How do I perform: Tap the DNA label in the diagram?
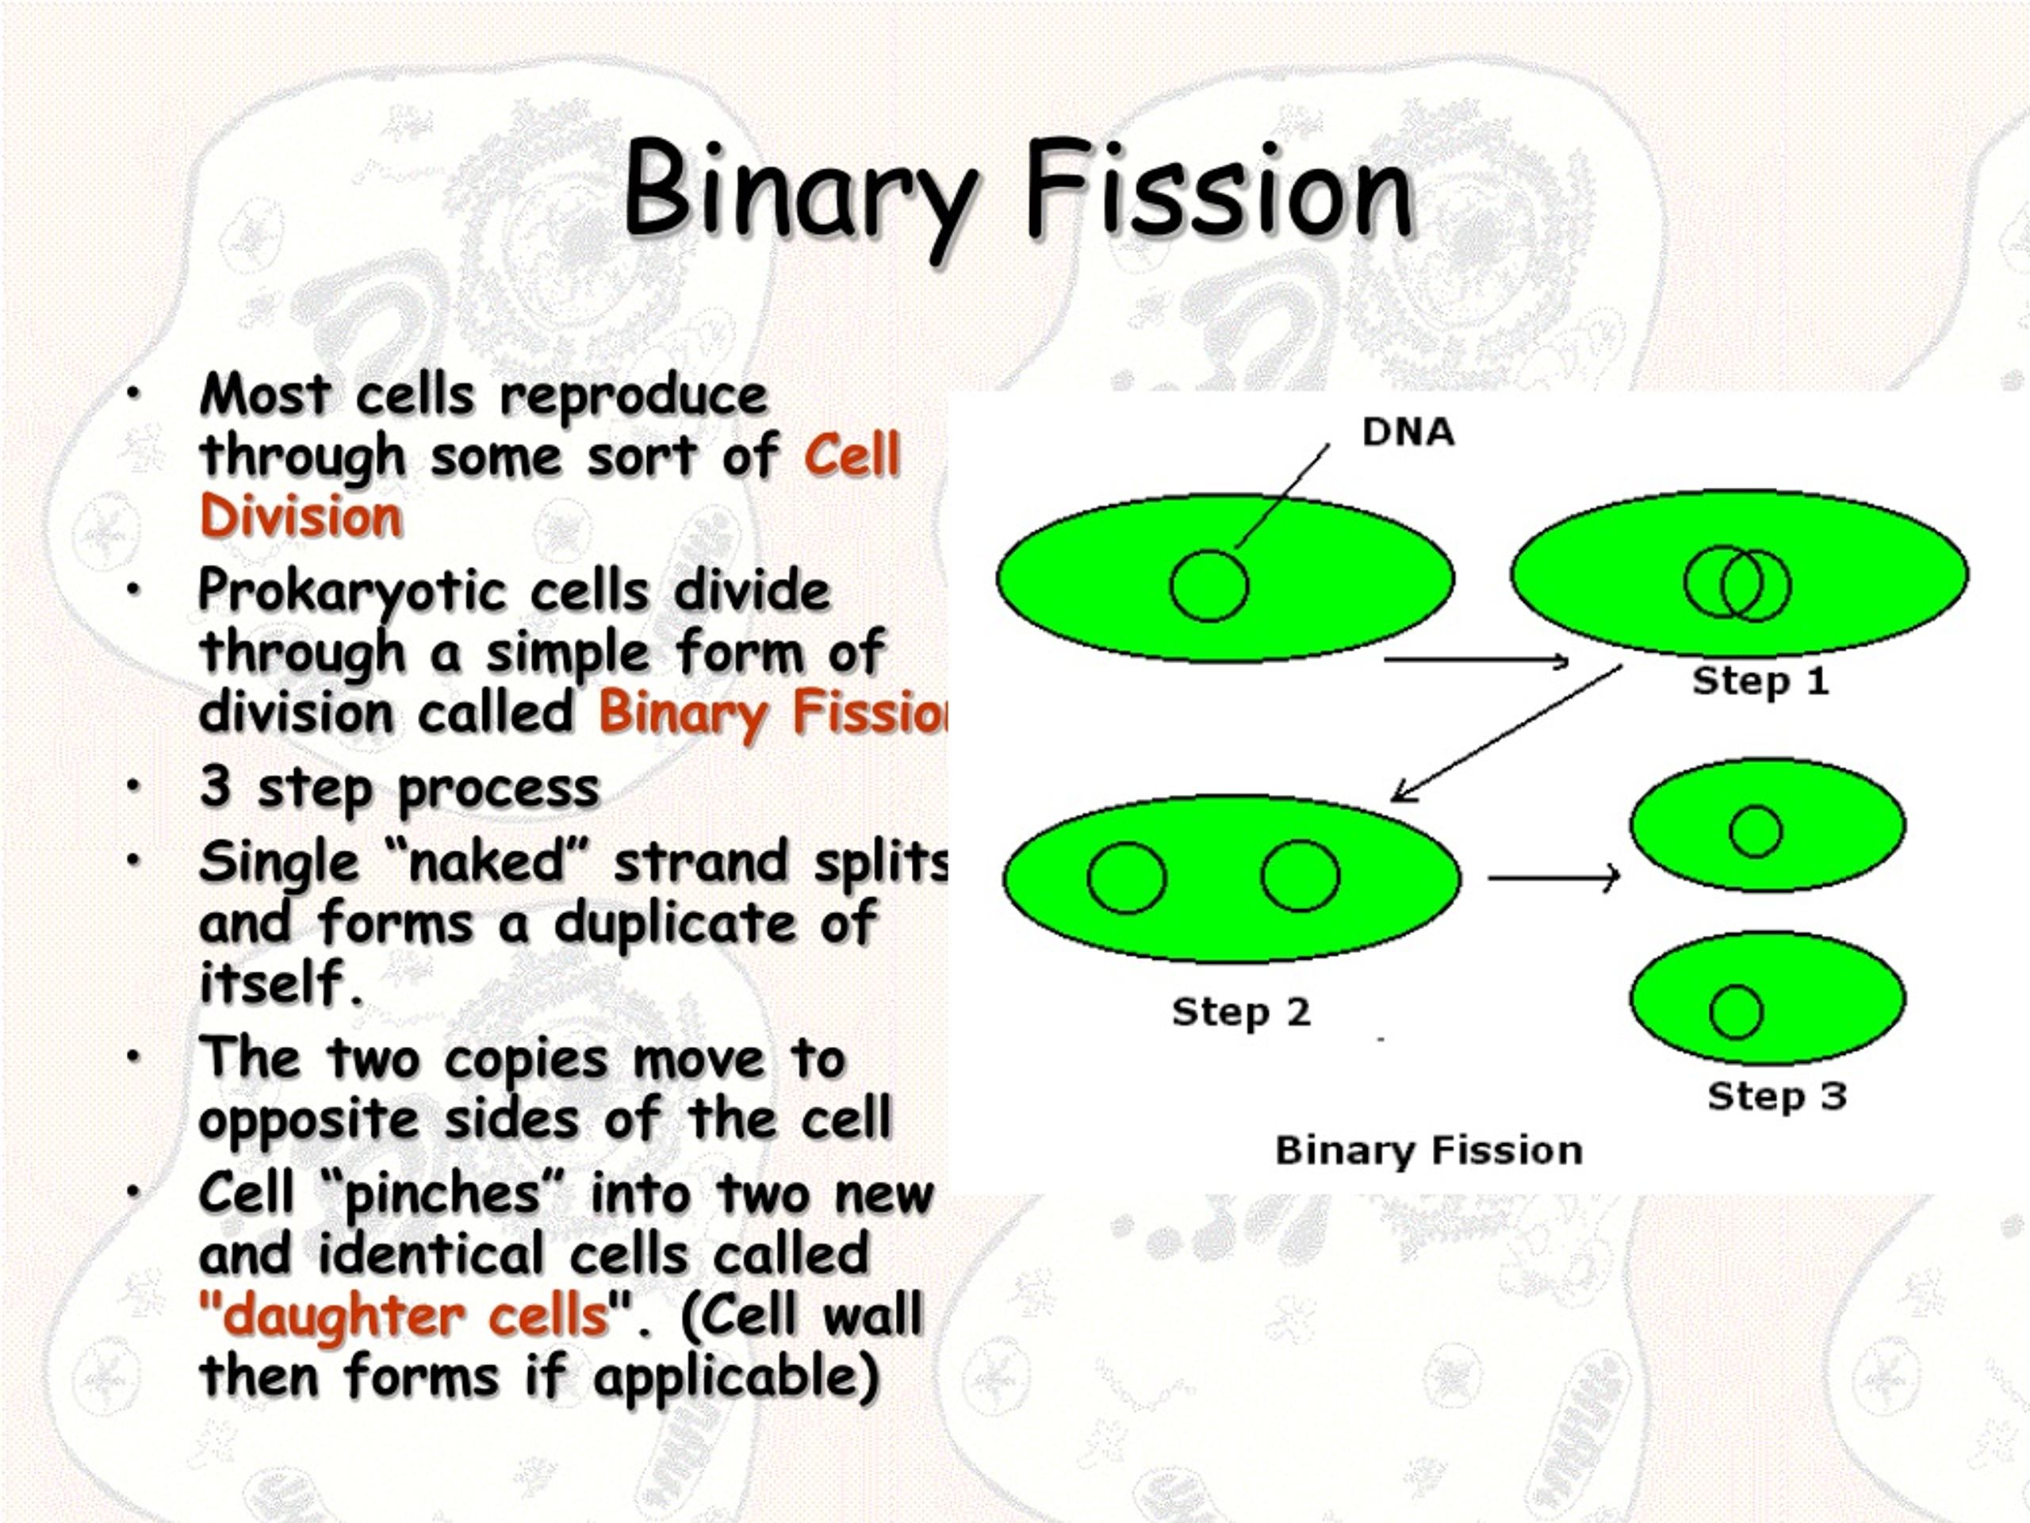pos(1408,432)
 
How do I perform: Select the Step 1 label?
pos(1760,681)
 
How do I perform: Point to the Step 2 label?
pos(1241,1011)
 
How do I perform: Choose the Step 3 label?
pos(1777,1095)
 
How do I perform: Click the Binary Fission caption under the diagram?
pos(1429,1150)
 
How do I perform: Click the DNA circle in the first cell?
pos(1208,585)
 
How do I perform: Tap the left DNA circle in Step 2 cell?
pos(1126,877)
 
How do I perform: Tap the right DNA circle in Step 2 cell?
pos(1300,876)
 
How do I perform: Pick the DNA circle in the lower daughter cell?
pos(1735,1011)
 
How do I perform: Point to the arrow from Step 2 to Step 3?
pos(1553,877)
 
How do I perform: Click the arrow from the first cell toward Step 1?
pos(1476,659)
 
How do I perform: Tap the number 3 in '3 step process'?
pos(215,786)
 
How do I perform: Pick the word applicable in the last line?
pos(734,1377)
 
